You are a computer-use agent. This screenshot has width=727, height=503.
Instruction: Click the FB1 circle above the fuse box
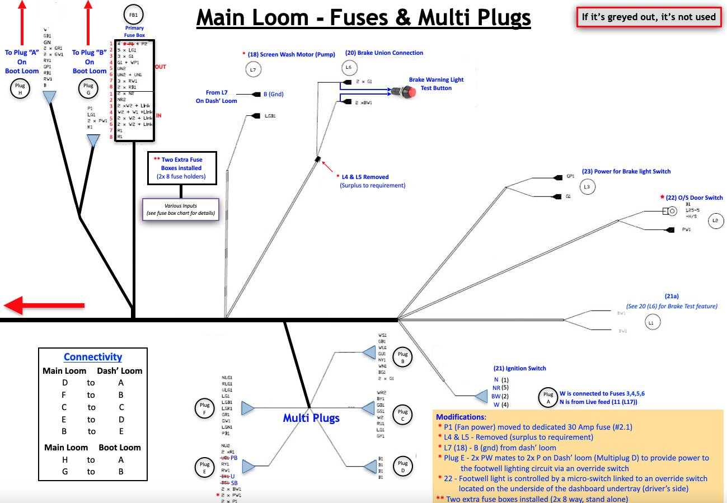coord(134,15)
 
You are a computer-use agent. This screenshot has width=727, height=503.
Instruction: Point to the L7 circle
coord(254,69)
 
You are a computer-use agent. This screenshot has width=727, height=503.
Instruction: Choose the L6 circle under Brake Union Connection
coord(349,68)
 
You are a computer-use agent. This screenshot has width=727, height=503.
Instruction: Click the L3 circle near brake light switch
coord(587,187)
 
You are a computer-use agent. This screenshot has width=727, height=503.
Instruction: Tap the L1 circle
coord(650,323)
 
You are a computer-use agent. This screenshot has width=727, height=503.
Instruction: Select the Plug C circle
coord(403,414)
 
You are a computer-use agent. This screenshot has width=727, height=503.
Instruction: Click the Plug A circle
coord(547,397)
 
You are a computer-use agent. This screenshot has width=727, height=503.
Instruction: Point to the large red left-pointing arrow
coord(45,305)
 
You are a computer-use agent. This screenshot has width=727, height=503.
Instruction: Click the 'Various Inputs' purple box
coord(180,210)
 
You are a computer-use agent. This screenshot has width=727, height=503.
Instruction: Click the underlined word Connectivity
coord(93,357)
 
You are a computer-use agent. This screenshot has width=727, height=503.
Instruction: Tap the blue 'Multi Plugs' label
coord(311,418)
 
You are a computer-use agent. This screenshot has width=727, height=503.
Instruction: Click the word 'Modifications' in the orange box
coord(459,417)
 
